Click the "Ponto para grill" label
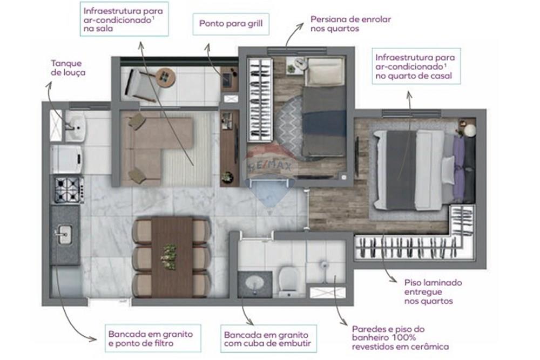click(x=231, y=24)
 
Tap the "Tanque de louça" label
click(x=68, y=68)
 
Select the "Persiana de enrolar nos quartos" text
click(x=350, y=24)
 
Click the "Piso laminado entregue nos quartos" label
click(x=433, y=292)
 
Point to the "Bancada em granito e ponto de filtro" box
click(x=153, y=338)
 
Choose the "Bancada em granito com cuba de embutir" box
click(x=268, y=338)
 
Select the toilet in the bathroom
click(x=288, y=281)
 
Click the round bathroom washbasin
click(x=255, y=283)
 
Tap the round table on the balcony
click(x=166, y=77)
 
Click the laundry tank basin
click(x=75, y=128)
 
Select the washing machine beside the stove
click(x=67, y=159)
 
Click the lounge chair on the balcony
click(x=138, y=84)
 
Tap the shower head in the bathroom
click(x=323, y=264)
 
